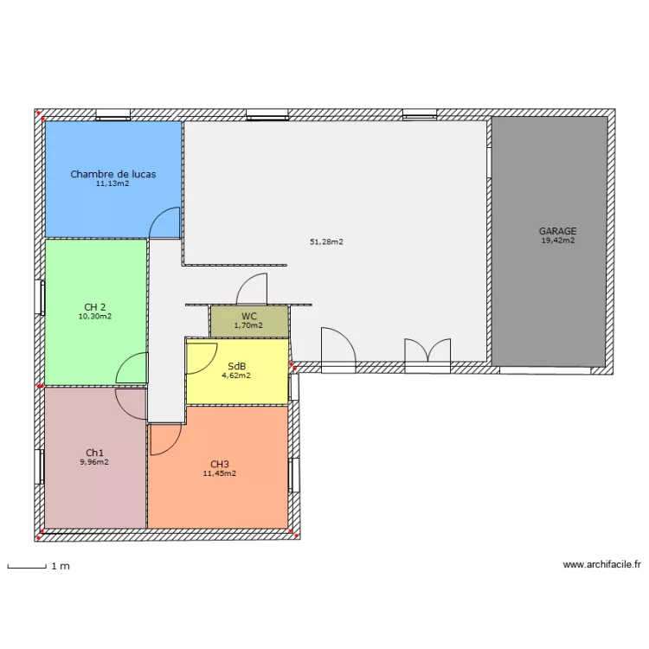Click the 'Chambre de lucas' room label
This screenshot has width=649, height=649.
coord(113,174)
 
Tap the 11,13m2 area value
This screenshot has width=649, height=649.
coord(112,183)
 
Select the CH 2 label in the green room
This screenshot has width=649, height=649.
coord(95,307)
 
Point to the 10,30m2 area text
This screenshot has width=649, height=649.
coord(95,317)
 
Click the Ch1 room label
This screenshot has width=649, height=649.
coord(95,453)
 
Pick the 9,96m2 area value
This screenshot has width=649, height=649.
coord(94,462)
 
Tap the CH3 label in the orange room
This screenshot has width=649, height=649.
coord(220,465)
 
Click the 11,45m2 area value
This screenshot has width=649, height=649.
coord(220,474)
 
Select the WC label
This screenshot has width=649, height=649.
coord(249,317)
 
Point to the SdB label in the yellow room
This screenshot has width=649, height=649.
coord(237,366)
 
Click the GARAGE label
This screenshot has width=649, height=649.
coord(557,231)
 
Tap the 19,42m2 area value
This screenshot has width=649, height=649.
coord(558,241)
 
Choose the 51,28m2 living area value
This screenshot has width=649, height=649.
coord(326,242)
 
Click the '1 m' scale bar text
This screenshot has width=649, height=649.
coord(61,566)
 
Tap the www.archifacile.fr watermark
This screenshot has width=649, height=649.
coord(601,564)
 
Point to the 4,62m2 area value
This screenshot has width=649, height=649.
coord(236,376)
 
